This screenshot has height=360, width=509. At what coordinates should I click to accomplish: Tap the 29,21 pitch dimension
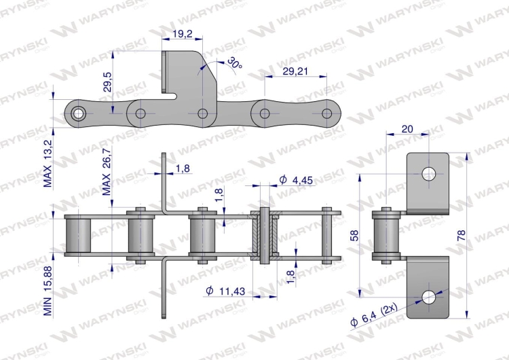click(x=296, y=70)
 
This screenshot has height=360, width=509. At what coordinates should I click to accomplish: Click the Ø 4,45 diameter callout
click(x=296, y=179)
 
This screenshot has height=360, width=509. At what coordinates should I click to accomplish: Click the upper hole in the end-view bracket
click(x=428, y=174)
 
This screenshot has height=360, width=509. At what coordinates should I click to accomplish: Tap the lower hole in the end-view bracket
click(x=428, y=296)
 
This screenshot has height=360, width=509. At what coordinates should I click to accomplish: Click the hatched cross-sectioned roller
click(x=263, y=235)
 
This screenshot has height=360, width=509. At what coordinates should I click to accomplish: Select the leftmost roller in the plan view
click(x=79, y=235)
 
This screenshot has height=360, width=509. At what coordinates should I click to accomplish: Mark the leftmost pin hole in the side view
click(x=79, y=112)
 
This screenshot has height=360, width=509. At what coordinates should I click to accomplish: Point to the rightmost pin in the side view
click(x=326, y=113)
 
